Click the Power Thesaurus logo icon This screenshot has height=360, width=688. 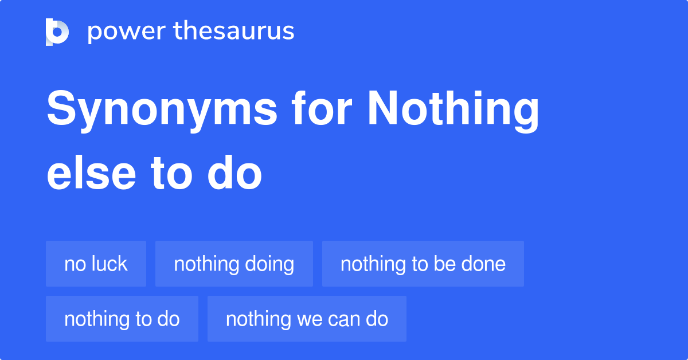point(57,32)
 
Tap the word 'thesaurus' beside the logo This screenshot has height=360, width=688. point(233,32)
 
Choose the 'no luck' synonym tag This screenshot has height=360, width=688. point(96,264)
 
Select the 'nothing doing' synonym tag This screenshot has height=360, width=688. point(234,264)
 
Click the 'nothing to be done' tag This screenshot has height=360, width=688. point(423,264)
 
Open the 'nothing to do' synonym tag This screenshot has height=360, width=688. point(122,319)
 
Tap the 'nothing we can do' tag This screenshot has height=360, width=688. point(307,319)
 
